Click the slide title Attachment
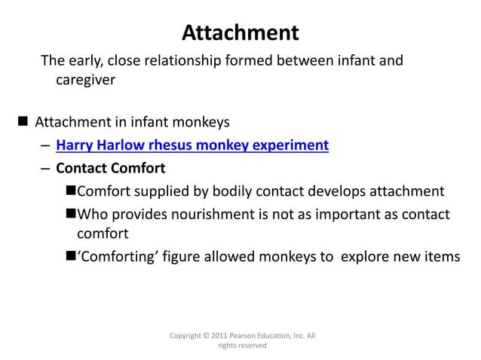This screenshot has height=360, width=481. click(240, 32)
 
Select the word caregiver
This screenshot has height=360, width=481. click(85, 79)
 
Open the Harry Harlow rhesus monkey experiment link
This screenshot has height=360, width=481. click(192, 145)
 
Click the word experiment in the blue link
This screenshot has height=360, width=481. click(290, 145)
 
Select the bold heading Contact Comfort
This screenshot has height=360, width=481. click(110, 167)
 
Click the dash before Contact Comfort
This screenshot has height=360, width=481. click(46, 168)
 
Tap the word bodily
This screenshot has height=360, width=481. click(234, 191)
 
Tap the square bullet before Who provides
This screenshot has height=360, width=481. click(71, 215)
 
